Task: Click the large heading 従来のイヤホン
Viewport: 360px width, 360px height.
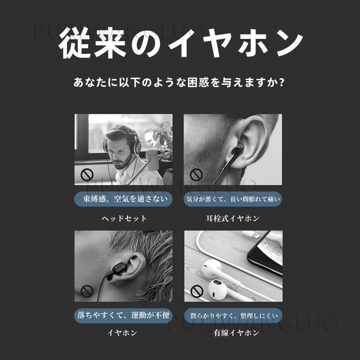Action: tap(180, 43)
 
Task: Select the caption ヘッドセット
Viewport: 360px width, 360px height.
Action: tap(124, 218)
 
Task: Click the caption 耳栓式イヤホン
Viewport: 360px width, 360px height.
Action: tap(232, 218)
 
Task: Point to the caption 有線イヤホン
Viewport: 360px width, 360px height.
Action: tap(236, 333)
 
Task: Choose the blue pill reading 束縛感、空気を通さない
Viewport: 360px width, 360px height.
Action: tap(123, 199)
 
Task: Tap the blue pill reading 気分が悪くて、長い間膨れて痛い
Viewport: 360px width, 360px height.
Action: tap(233, 199)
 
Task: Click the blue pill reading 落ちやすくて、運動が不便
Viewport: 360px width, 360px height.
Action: tap(123, 315)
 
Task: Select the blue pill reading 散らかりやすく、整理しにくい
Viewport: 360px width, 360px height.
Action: tap(233, 315)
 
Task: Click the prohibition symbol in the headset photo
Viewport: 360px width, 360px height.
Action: tap(87, 175)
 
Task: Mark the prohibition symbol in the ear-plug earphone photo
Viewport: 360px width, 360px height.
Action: tap(196, 175)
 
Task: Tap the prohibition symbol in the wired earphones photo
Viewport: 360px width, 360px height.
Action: tap(197, 291)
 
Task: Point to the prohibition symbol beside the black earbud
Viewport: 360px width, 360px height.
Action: tap(87, 291)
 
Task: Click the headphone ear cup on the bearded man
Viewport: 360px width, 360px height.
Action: tap(137, 147)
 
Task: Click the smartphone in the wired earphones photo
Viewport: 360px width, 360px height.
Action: tap(265, 252)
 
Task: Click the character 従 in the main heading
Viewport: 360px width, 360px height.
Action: tap(74, 43)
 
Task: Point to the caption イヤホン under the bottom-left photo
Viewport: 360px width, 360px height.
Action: tap(122, 333)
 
